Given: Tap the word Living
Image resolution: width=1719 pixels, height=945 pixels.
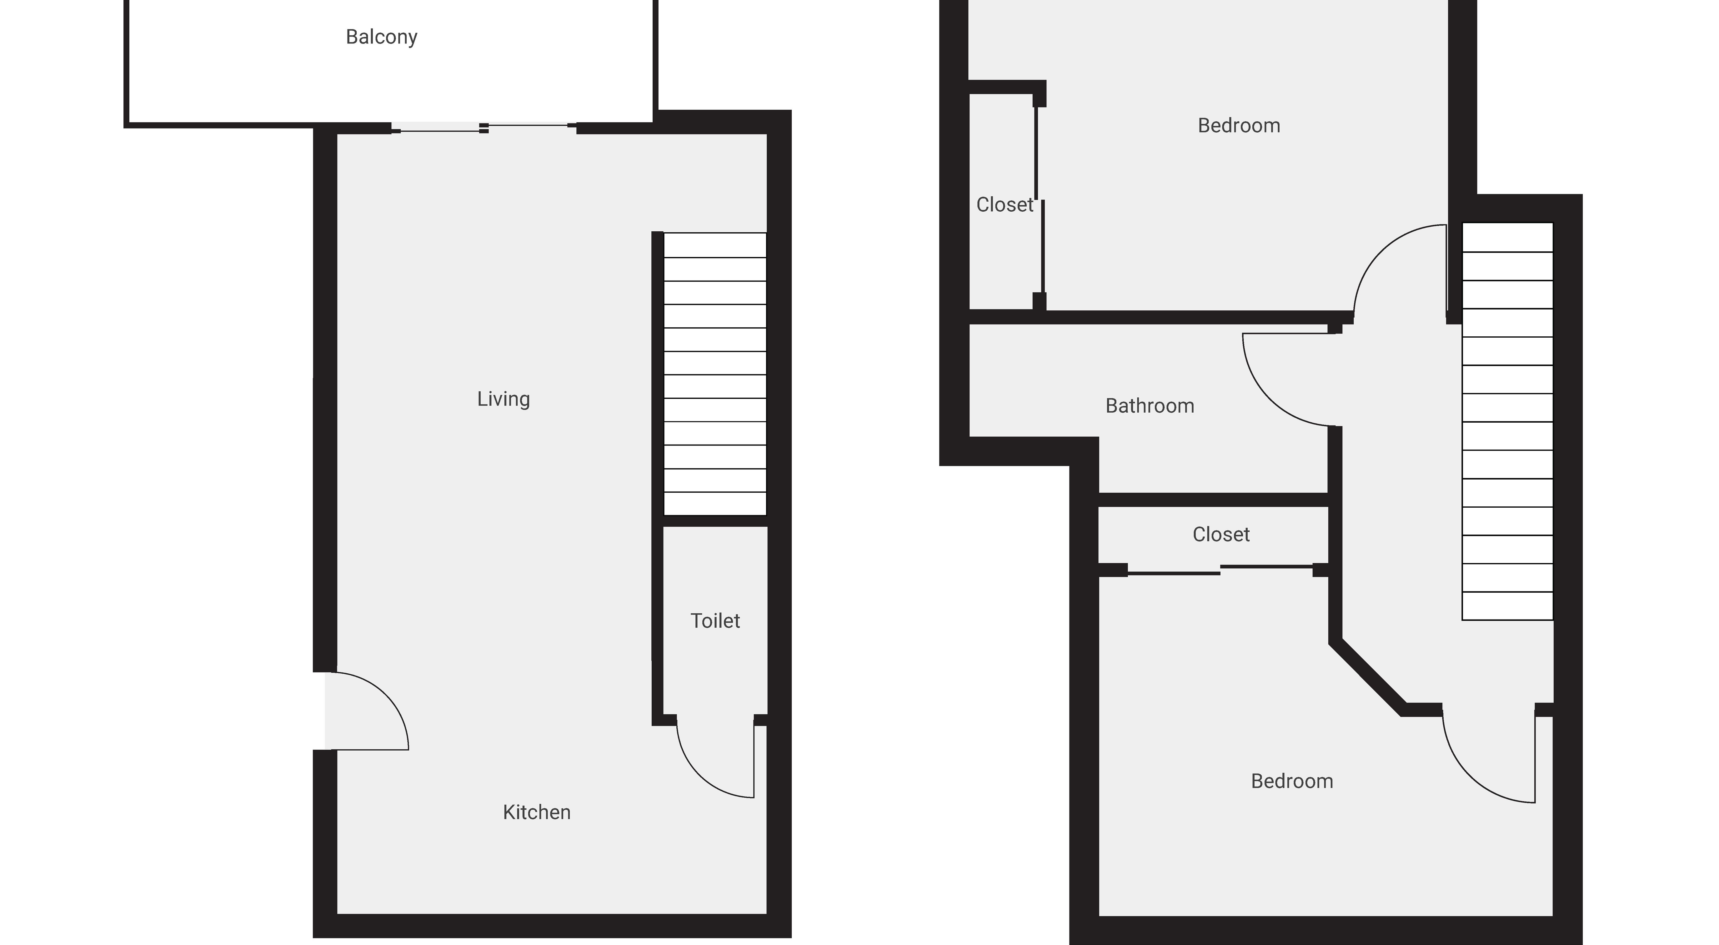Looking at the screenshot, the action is [x=503, y=399].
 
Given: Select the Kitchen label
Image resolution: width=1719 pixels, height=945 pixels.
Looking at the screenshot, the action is [x=537, y=812].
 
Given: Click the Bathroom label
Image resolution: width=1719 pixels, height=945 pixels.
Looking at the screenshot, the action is [x=1150, y=406].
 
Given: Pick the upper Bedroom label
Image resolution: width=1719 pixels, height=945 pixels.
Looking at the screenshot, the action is [x=1239, y=125].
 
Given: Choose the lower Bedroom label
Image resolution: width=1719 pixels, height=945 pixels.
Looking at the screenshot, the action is [x=1292, y=781].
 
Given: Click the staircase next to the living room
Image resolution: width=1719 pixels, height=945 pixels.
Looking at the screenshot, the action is [x=715, y=374].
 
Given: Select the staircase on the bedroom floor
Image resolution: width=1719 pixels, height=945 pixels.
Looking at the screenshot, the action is [x=1507, y=421].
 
